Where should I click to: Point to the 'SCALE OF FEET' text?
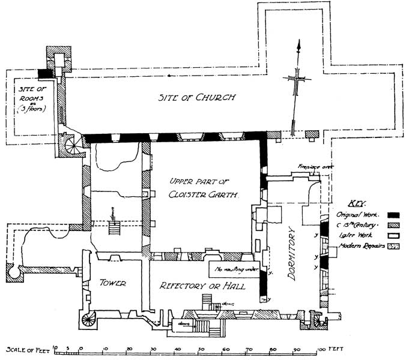(26, 349)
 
